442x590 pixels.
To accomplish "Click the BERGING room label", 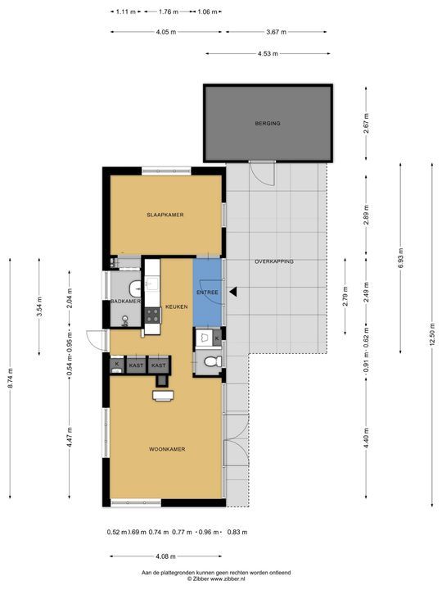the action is (268, 123).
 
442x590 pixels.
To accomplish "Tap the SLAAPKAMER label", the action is (165, 215).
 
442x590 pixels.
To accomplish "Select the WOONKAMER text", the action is (167, 449).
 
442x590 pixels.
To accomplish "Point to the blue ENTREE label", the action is (207, 293).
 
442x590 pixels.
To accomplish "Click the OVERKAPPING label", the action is (274, 261).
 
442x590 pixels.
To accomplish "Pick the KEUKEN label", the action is (177, 306).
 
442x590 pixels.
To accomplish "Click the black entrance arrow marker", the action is (233, 292).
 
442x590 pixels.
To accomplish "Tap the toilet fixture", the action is (212, 361).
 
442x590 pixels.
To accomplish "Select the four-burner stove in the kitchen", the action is (152, 315).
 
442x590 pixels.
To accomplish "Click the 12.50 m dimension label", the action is (432, 334).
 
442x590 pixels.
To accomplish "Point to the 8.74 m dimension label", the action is (10, 378).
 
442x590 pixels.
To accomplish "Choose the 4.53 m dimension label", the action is (268, 54).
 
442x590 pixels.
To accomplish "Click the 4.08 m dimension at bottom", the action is (165, 556).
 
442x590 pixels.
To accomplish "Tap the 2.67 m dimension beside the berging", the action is (366, 123).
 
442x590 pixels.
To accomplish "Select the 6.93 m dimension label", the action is (400, 258).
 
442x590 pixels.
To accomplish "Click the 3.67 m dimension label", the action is (277, 32).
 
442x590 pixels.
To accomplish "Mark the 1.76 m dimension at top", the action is (169, 11).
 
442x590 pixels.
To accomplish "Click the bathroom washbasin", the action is (134, 288).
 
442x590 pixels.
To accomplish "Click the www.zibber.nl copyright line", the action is (216, 579).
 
